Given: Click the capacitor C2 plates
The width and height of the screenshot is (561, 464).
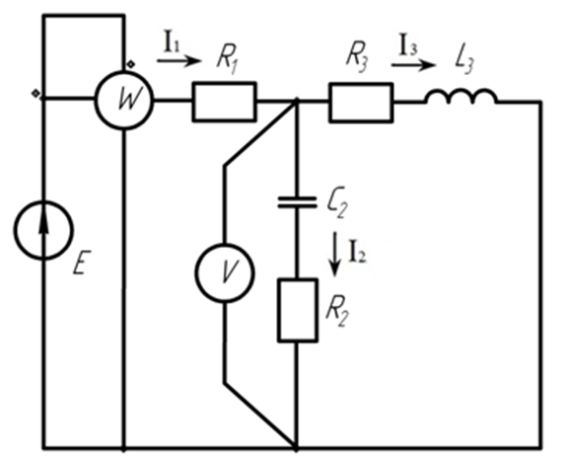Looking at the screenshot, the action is click(298, 202).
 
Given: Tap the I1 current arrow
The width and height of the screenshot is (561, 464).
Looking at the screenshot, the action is click(179, 61).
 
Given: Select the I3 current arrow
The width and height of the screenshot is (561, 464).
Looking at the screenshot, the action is click(414, 65).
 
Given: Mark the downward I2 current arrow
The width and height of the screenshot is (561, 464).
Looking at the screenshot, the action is click(335, 254).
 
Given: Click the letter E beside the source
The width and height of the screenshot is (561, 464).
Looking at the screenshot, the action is click(82, 263).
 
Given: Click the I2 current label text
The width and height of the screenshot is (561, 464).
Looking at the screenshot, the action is click(357, 254).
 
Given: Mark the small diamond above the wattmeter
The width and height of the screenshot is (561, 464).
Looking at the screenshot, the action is click(131, 64).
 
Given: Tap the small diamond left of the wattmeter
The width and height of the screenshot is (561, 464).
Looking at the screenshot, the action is click(35, 93).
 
